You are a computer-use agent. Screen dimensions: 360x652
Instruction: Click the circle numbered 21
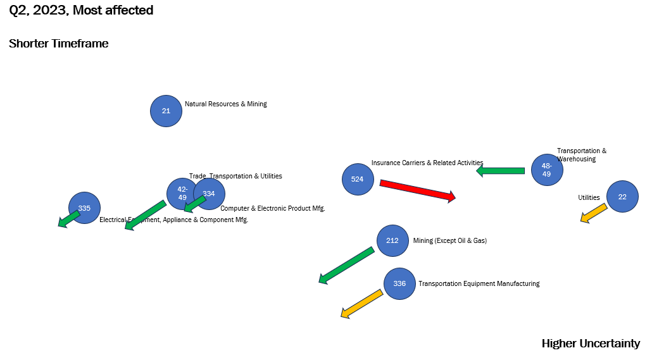click(x=166, y=111)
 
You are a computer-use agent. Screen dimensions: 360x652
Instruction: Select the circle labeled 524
click(x=357, y=179)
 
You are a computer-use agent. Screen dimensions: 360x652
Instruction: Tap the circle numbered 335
click(x=84, y=208)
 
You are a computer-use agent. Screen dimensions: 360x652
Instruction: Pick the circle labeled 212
click(x=392, y=240)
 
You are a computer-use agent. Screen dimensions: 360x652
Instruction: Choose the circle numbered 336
click(x=399, y=283)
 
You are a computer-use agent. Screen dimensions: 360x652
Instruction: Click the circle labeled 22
click(x=622, y=197)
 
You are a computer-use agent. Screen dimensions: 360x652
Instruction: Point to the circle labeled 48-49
click(x=546, y=170)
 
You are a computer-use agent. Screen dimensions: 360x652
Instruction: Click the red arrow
click(x=418, y=190)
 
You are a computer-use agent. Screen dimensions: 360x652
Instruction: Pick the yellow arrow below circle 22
click(x=594, y=213)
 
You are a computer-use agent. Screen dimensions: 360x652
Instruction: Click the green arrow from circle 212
click(x=346, y=265)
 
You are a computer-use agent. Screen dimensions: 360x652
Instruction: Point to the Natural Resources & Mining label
click(x=225, y=104)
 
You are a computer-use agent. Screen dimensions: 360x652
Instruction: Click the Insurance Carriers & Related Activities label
click(x=427, y=163)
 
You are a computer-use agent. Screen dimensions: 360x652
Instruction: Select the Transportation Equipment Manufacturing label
click(x=479, y=283)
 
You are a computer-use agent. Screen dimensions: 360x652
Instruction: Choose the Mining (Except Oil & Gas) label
click(x=449, y=240)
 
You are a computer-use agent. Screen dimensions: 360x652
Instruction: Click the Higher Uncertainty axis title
click(x=591, y=344)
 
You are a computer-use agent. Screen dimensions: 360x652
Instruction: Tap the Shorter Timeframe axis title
click(x=59, y=44)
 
